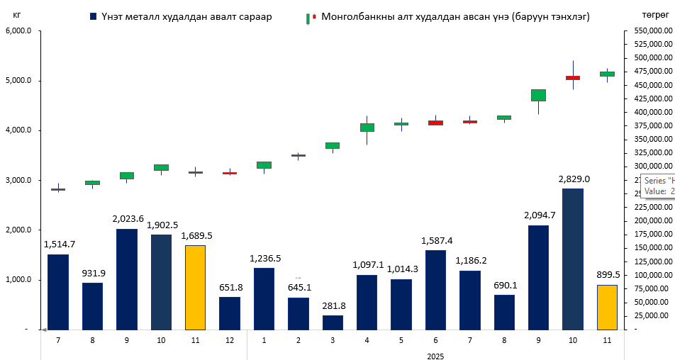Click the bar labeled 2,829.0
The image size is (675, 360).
pos(572,249)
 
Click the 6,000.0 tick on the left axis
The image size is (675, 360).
pos(18,30)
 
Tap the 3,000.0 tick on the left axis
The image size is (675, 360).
pos(18,181)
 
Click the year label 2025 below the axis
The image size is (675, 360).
pos(435,356)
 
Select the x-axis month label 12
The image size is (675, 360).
pos(229,340)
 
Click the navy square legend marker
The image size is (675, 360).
pos(93,16)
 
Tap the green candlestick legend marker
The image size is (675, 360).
pos(308,16)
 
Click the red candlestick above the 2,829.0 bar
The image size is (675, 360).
pos(572,78)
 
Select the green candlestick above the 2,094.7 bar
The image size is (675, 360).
pos(538,95)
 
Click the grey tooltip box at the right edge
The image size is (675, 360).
pos(657,186)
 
